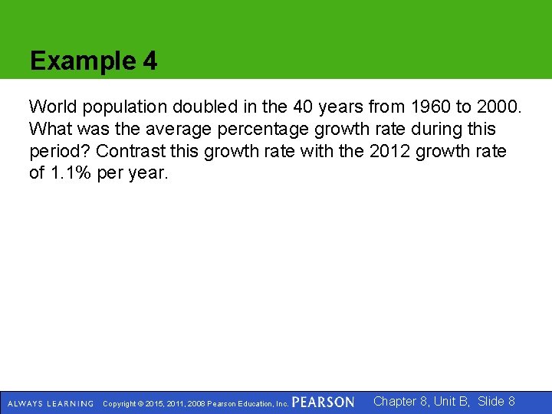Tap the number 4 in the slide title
coord(150,61)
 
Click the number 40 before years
coord(278,107)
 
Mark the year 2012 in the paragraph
coord(390,151)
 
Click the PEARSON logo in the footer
coord(323,402)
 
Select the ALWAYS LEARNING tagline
coord(50,403)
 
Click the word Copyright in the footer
coord(123,403)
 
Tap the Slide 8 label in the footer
coord(496,401)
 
